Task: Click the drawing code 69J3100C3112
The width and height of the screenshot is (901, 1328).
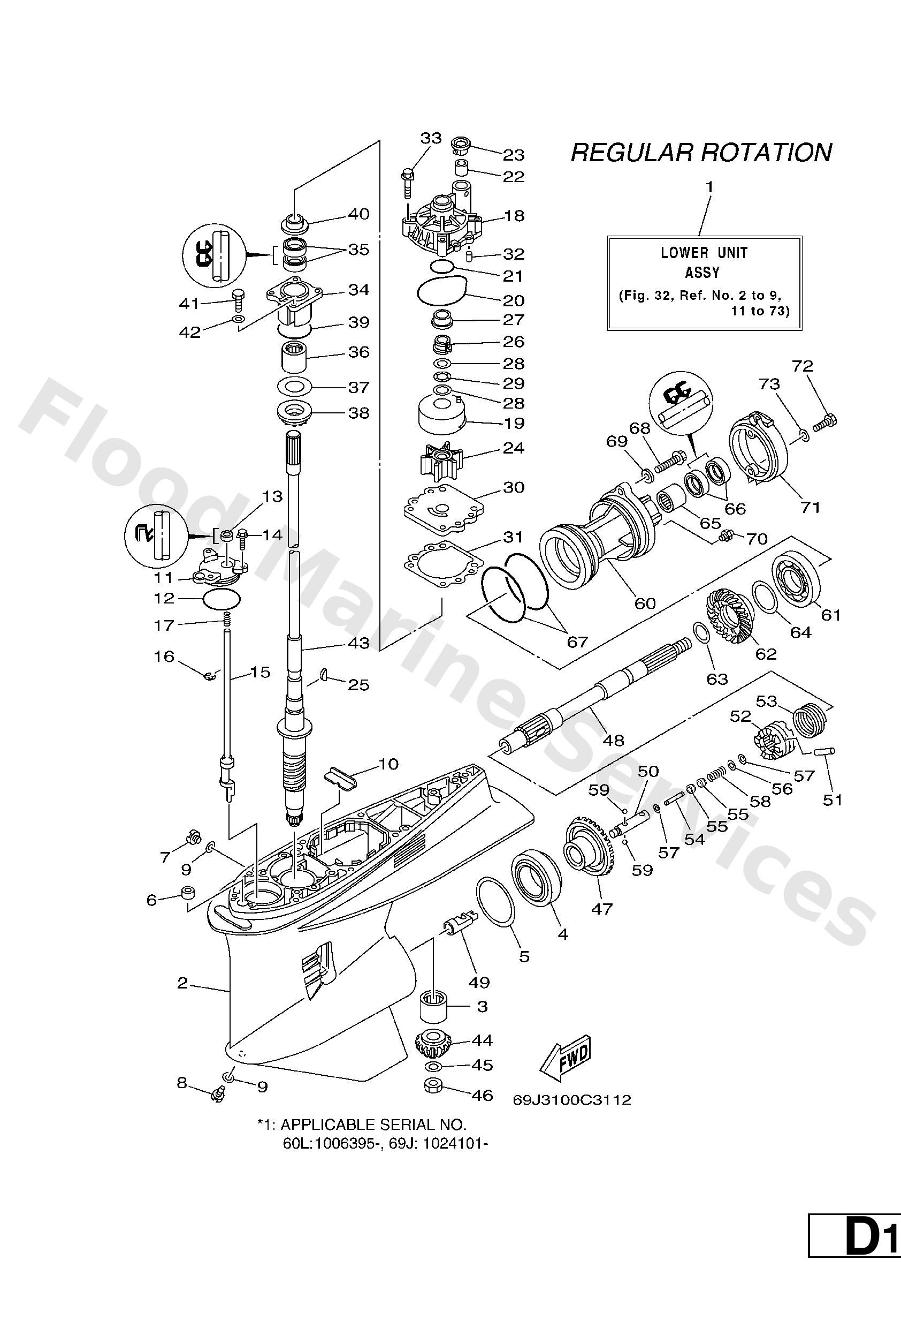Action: click(572, 1100)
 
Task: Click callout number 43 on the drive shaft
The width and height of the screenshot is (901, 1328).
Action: click(358, 643)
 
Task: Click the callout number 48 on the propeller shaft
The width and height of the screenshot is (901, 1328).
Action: click(614, 740)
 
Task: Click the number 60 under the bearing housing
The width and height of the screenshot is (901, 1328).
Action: click(645, 603)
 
